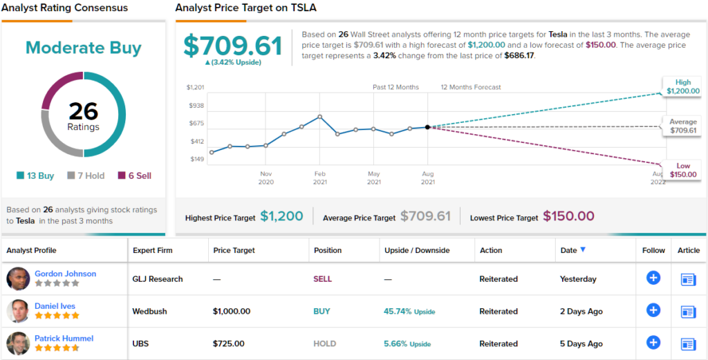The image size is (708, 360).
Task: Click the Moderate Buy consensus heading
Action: tap(83, 48)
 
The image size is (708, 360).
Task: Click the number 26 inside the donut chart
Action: tap(83, 111)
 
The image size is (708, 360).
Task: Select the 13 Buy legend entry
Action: tap(35, 176)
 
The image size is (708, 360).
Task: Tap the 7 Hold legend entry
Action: tap(86, 176)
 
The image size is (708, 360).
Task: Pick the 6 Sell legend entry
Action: tap(135, 176)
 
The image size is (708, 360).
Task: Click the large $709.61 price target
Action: tap(232, 46)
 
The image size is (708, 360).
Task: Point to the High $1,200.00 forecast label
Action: tap(682, 86)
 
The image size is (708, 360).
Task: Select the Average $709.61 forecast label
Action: tap(682, 126)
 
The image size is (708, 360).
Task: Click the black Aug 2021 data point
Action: tap(428, 127)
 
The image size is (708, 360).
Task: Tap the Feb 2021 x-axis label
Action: tap(319, 178)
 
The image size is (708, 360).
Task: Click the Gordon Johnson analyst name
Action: tap(66, 274)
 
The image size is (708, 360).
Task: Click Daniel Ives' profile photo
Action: tap(18, 311)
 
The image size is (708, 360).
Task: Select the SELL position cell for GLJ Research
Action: tap(323, 279)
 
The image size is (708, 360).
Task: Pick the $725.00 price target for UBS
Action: tap(228, 343)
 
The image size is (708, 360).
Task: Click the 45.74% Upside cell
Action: tap(409, 312)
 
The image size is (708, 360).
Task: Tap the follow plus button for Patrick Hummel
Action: tap(653, 343)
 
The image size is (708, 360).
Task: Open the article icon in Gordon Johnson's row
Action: tap(688, 279)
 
